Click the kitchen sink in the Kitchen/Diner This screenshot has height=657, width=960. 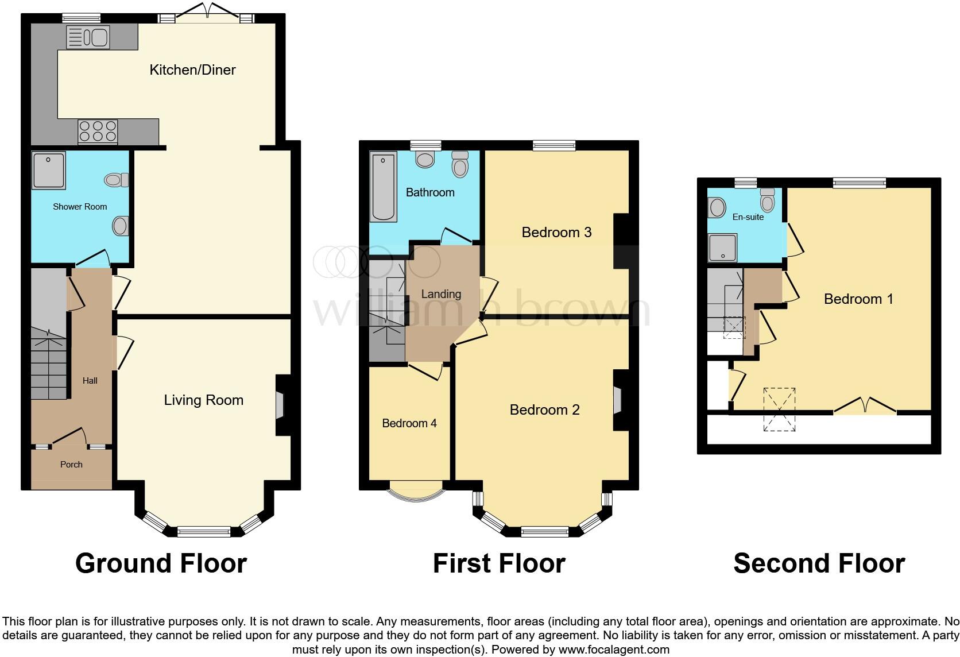[88, 38]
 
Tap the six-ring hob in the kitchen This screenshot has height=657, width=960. [98, 131]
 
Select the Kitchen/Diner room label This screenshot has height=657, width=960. [192, 70]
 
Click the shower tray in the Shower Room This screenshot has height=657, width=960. [49, 171]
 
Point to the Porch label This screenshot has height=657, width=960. [71, 465]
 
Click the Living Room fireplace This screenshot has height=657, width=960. [281, 405]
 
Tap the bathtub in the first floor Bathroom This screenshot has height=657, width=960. [383, 187]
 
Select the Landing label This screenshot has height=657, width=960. [441, 294]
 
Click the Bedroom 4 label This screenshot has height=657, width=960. [409, 423]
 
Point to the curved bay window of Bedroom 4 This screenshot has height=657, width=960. [416, 492]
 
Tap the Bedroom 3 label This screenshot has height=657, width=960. [556, 232]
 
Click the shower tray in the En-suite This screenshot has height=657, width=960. [722, 248]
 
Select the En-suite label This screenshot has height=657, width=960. [748, 217]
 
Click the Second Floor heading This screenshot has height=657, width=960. [819, 563]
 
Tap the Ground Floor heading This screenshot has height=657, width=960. [161, 563]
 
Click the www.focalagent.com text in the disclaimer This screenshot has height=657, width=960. [614, 650]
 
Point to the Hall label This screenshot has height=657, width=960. [90, 381]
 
